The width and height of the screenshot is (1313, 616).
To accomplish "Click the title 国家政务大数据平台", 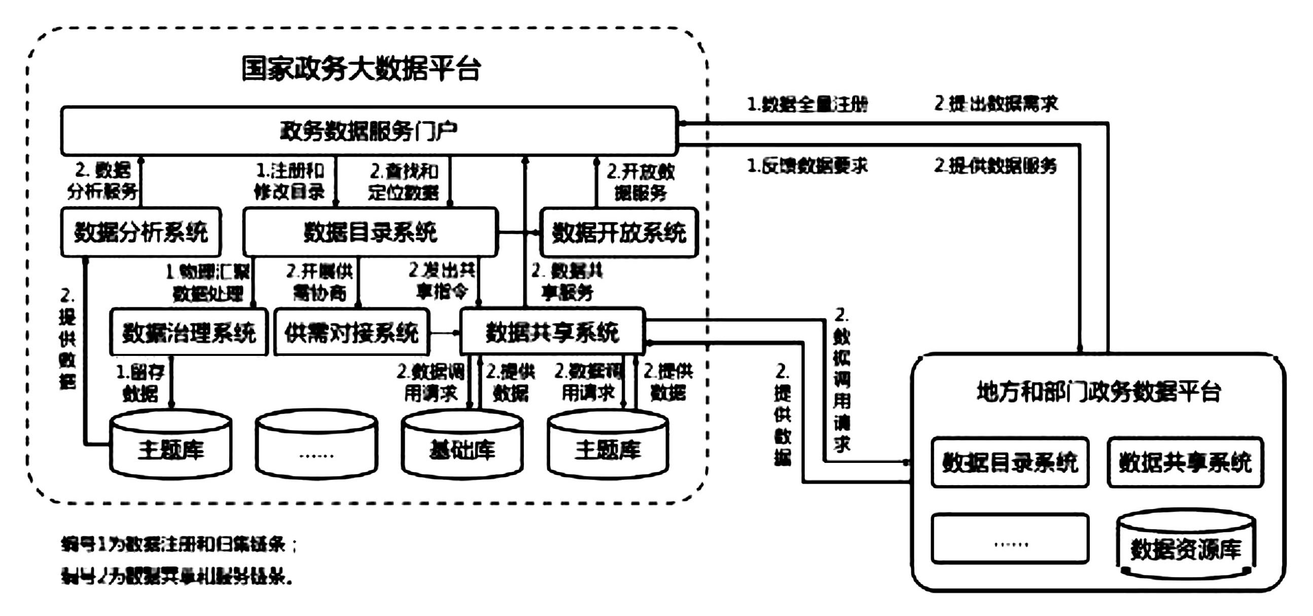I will click(361, 69).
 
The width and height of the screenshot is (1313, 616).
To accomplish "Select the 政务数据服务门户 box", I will click(369, 131).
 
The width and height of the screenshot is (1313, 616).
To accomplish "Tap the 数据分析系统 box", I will click(140, 232).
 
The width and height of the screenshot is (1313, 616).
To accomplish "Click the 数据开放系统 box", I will click(619, 232).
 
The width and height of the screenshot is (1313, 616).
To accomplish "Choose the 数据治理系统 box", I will click(189, 332).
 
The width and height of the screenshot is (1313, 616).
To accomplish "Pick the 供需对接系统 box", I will click(351, 332).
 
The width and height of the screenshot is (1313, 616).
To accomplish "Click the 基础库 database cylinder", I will click(462, 448).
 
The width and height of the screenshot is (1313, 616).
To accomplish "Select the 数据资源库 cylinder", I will click(1186, 548).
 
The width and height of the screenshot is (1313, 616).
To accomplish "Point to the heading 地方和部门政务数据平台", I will click(1098, 392).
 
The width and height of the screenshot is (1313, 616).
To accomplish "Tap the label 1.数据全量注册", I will click(807, 104).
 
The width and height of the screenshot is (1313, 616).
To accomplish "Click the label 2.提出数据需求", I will click(996, 103).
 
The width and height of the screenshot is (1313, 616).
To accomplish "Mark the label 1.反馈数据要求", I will click(807, 166).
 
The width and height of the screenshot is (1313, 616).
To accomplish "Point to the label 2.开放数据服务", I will click(640, 182).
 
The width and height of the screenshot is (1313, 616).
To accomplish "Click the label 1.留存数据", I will click(139, 383).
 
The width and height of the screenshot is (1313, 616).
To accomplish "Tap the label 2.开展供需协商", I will click(320, 282).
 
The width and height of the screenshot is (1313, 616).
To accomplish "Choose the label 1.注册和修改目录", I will click(289, 181).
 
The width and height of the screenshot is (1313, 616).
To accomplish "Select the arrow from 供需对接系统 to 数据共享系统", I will click(444, 333).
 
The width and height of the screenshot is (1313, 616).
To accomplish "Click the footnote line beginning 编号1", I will click(179, 545).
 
